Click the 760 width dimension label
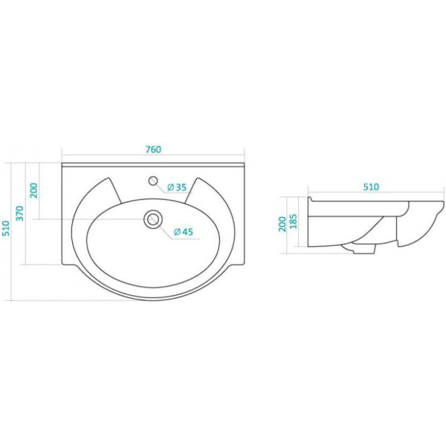[x=153, y=149]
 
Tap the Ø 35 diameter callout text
[x=177, y=187]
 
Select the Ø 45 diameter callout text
[x=184, y=232]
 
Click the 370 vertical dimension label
[x=19, y=213]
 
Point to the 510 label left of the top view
[x=6, y=228]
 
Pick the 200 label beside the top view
[x=33, y=190]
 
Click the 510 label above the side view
[x=371, y=187]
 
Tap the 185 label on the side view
[x=293, y=221]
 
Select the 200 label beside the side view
[x=282, y=224]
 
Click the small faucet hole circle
[x=153, y=181]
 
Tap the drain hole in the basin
[x=153, y=219]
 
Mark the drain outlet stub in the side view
[x=361, y=249]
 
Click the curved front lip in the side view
[x=427, y=224]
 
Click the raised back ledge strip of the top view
[x=153, y=165]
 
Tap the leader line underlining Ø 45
[x=186, y=239]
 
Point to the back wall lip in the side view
[x=310, y=198]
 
